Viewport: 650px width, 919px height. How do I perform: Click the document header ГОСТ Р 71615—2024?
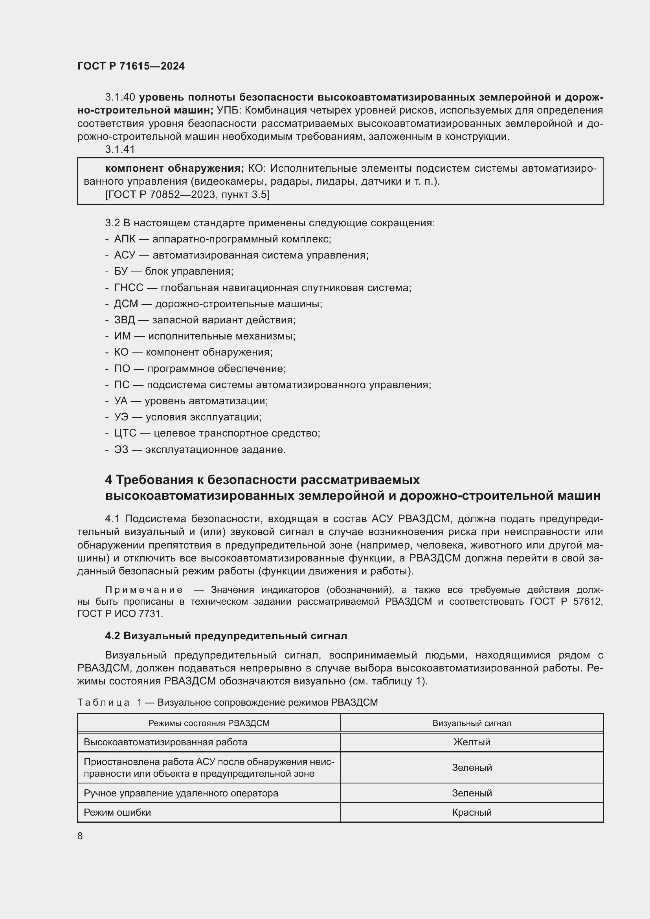tap(131, 66)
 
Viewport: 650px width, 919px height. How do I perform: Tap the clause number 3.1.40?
tap(120, 97)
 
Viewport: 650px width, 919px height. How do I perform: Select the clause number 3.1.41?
tap(120, 149)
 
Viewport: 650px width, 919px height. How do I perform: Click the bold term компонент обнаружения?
tap(174, 168)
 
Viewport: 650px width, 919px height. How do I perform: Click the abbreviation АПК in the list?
tap(125, 239)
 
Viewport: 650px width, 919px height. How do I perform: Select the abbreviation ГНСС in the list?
tap(129, 288)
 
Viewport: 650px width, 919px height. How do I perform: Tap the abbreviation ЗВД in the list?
tap(125, 320)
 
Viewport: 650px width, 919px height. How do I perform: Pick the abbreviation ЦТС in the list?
tap(125, 433)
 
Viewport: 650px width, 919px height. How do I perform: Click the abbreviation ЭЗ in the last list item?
tap(121, 449)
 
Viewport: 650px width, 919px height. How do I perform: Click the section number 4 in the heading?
tap(108, 479)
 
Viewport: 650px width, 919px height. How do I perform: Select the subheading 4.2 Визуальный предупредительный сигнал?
tap(226, 636)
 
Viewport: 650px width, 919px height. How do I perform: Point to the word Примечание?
tap(144, 590)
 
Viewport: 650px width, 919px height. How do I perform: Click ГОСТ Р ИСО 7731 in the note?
tap(120, 614)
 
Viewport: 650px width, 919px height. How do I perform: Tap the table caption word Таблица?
tap(103, 703)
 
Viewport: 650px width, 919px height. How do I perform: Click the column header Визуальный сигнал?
tap(472, 723)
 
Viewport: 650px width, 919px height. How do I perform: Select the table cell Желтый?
tap(472, 742)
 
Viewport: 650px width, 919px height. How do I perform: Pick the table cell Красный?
tap(472, 812)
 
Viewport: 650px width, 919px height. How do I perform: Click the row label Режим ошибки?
tap(117, 812)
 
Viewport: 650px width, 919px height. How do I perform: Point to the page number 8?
tap(80, 836)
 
